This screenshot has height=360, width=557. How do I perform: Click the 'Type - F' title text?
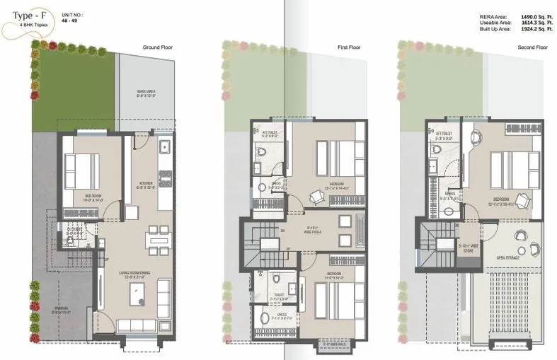(x=27, y=13)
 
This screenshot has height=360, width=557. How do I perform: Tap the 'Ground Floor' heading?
(x=159, y=47)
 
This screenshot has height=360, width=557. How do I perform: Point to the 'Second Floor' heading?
(x=532, y=47)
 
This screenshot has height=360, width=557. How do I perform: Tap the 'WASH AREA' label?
(x=147, y=92)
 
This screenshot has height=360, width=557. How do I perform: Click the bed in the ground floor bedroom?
(x=82, y=171)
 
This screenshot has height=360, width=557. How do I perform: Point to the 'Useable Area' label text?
(x=493, y=23)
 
